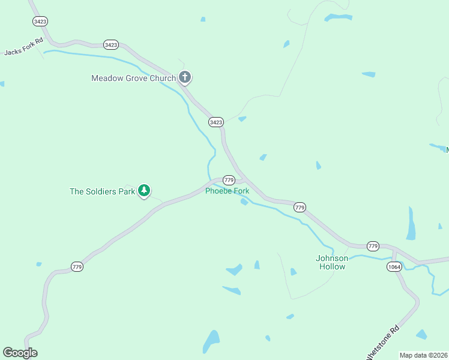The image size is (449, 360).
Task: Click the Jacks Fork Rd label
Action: [23, 46]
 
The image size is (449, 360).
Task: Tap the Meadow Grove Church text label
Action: [133, 78]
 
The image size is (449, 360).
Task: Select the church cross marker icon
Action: [185, 77]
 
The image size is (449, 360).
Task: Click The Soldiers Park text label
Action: [101, 191]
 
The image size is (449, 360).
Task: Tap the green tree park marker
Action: [143, 191]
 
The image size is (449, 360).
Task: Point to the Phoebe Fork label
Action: [227, 191]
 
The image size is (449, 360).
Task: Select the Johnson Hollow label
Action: [331, 262]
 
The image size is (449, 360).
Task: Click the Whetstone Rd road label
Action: [383, 343]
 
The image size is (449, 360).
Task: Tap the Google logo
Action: [20, 353]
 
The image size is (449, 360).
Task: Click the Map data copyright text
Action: [424, 355]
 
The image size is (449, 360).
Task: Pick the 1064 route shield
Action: [394, 267]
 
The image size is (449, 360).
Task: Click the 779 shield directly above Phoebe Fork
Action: [228, 180]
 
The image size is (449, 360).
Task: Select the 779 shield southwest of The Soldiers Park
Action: [77, 266]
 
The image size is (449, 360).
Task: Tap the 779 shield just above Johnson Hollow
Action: [373, 246]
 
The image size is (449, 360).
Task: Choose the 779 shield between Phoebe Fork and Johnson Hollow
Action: [300, 207]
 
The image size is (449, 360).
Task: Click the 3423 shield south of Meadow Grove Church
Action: [216, 122]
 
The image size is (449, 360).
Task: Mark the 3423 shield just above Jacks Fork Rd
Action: [40, 21]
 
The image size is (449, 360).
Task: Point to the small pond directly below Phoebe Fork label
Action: [244, 202]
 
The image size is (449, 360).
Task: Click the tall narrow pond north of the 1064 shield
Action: [411, 223]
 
